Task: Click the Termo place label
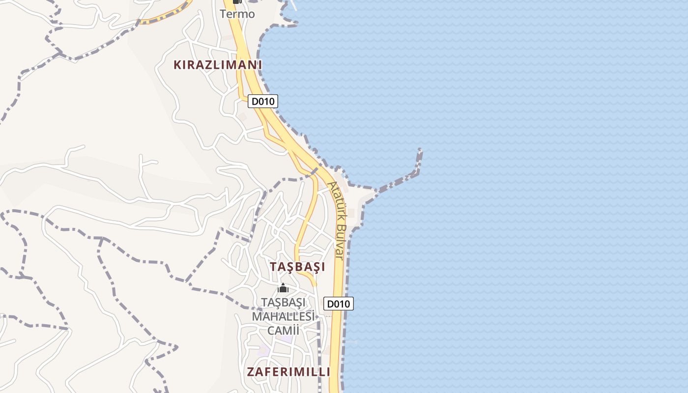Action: tap(237, 14)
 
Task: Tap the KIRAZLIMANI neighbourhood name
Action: tap(218, 64)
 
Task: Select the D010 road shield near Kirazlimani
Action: tap(263, 101)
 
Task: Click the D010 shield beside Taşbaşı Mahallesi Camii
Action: tap(339, 304)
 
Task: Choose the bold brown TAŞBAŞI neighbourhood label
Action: tap(297, 267)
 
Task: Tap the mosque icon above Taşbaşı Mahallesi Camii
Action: tap(283, 288)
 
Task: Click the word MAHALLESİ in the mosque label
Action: tap(283, 316)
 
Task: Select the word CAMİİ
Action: tap(283, 330)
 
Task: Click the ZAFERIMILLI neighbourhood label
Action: tap(288, 372)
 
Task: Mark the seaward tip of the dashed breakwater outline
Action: tap(420, 150)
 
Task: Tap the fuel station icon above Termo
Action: tap(237, 1)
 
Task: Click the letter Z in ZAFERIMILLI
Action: tap(251, 372)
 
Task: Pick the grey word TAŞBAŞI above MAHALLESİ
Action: tap(284, 302)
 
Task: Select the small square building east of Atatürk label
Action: tap(351, 213)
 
